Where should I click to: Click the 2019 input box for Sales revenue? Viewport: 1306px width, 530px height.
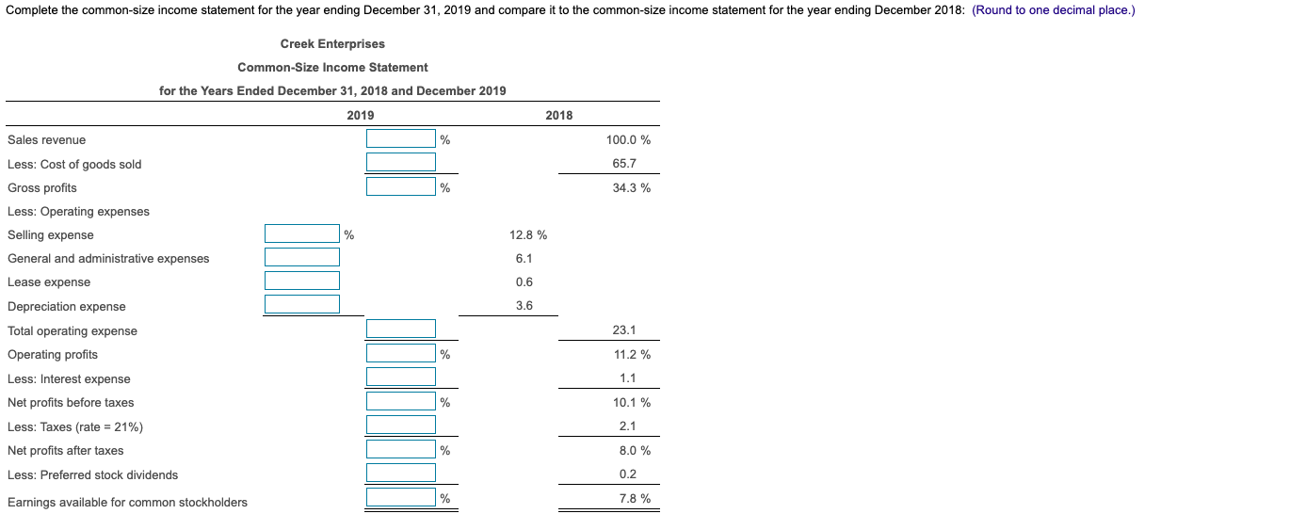tap(401, 138)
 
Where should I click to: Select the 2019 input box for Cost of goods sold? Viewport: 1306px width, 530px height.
tap(401, 162)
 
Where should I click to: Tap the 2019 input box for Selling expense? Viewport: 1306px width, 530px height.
tap(301, 233)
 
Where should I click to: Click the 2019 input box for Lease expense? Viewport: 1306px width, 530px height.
tap(301, 281)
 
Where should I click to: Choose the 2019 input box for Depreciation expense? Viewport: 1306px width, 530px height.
tap(301, 304)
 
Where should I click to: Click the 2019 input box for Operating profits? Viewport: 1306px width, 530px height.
tap(401, 353)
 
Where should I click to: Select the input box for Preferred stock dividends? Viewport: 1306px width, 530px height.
tap(401, 474)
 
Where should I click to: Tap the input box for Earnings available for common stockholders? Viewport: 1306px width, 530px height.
tap(401, 497)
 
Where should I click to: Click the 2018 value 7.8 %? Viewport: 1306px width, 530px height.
tap(634, 498)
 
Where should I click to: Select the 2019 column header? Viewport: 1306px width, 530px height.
tap(360, 115)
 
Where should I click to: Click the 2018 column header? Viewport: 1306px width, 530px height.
tap(558, 115)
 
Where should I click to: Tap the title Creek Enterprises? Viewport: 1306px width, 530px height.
tap(332, 44)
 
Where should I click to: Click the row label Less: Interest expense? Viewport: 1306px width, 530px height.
tap(69, 378)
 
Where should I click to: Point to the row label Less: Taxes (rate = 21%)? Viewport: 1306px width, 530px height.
tap(75, 426)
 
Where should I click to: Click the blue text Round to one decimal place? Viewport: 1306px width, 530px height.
tap(1053, 10)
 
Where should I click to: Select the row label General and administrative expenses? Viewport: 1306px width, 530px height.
tap(108, 258)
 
